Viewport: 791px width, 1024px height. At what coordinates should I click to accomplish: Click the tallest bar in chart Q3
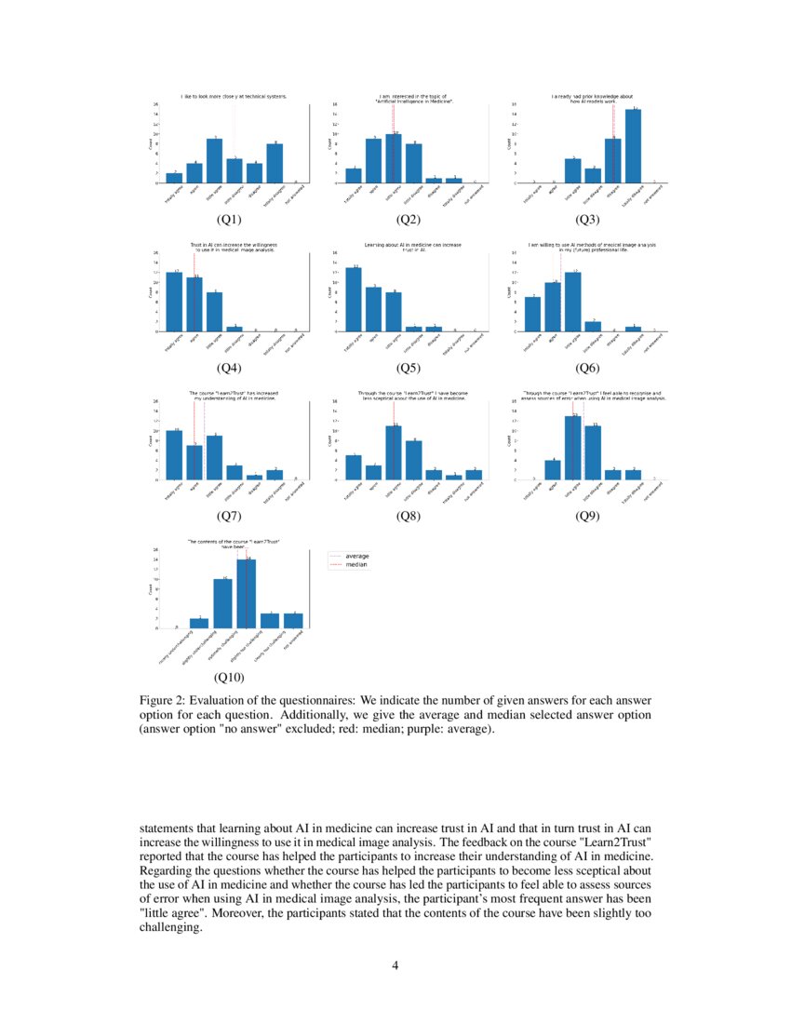pyautogui.click(x=633, y=146)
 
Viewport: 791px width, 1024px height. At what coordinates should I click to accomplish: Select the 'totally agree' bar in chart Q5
pyautogui.click(x=354, y=300)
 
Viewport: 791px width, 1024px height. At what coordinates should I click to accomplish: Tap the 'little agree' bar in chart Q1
pyautogui.click(x=214, y=161)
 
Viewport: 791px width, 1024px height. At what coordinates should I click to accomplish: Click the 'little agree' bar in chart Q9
pyautogui.click(x=573, y=448)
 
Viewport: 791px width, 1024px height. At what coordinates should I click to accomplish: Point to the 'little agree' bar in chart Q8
pyautogui.click(x=394, y=452)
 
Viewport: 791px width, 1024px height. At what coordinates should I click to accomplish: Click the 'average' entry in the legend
pyautogui.click(x=356, y=556)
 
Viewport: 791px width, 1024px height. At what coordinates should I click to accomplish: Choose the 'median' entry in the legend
pyautogui.click(x=356, y=565)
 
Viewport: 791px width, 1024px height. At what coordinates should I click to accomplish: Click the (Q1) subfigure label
pyautogui.click(x=229, y=220)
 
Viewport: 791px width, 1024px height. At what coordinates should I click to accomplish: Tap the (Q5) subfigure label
pyautogui.click(x=409, y=367)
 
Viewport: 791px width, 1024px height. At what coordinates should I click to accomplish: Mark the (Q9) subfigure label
pyautogui.click(x=588, y=515)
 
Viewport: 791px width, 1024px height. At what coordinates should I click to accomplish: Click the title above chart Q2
pyautogui.click(x=413, y=98)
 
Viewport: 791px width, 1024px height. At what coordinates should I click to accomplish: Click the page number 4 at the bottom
pyautogui.click(x=395, y=964)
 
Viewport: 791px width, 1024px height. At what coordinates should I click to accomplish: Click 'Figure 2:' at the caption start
pyautogui.click(x=166, y=700)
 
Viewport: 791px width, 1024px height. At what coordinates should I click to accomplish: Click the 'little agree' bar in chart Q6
pyautogui.click(x=573, y=302)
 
